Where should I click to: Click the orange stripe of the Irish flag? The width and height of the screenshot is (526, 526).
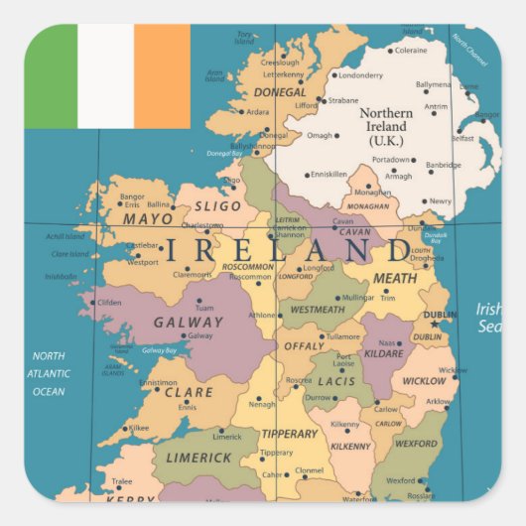coord(162,76)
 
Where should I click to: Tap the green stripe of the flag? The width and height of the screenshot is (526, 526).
coord(52,76)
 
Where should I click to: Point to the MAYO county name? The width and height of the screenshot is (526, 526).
coord(148,218)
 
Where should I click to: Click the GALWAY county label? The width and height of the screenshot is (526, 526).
coord(189,322)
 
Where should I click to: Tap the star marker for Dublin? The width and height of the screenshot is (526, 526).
coord(434,324)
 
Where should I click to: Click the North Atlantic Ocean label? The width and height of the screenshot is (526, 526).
coord(49,373)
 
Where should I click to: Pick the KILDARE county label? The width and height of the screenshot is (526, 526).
coord(385,352)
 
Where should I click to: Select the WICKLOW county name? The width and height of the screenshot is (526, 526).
coord(424,381)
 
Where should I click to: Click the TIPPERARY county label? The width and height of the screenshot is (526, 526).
coord(289,434)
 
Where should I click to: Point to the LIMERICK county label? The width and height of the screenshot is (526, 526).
coord(198,458)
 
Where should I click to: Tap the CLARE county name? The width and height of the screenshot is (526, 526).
coord(189,392)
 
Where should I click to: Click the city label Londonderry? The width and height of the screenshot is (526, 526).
coord(360,75)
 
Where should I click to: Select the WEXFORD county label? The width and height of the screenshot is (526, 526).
coord(416,444)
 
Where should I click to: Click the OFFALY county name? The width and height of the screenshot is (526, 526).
coord(304,345)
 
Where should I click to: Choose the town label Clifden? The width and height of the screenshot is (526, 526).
coord(109,303)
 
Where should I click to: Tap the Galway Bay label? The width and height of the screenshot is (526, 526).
coord(159,349)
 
